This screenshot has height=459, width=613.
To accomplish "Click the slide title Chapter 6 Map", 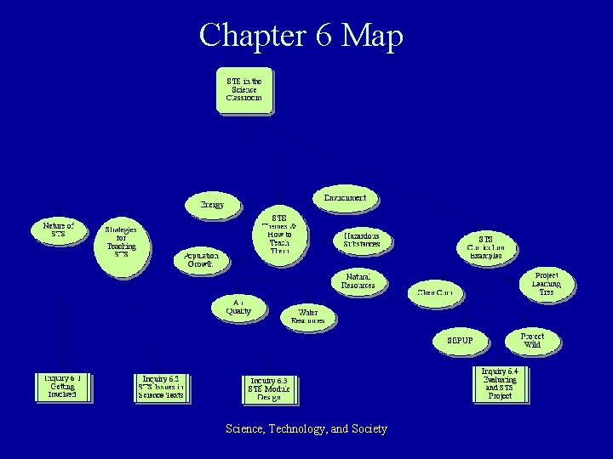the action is click(301, 36).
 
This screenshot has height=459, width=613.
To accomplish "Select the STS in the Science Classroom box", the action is click(243, 89).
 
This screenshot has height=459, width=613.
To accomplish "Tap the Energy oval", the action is click(212, 205).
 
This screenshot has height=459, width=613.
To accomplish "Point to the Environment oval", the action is click(345, 198).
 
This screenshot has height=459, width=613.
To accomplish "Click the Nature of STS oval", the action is click(58, 229).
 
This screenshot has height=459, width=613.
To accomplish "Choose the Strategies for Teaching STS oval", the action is click(121, 241).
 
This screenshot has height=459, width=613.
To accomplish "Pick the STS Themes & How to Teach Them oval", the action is click(279, 234).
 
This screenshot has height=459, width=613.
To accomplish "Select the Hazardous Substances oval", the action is click(362, 240).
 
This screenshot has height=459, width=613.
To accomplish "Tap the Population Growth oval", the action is click(201, 259).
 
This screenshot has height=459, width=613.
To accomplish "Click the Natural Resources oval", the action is click(359, 281).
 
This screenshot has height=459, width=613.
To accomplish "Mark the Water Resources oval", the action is click(307, 317).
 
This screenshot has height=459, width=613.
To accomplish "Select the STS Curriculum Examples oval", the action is click(485, 247).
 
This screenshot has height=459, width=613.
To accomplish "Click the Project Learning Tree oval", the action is click(546, 284).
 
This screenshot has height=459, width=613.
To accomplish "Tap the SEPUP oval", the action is click(459, 341).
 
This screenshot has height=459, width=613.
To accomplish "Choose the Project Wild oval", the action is click(532, 340).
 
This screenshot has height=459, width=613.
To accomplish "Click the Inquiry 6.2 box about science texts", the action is click(160, 387).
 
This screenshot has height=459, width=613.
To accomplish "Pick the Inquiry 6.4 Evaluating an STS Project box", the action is click(500, 383).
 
